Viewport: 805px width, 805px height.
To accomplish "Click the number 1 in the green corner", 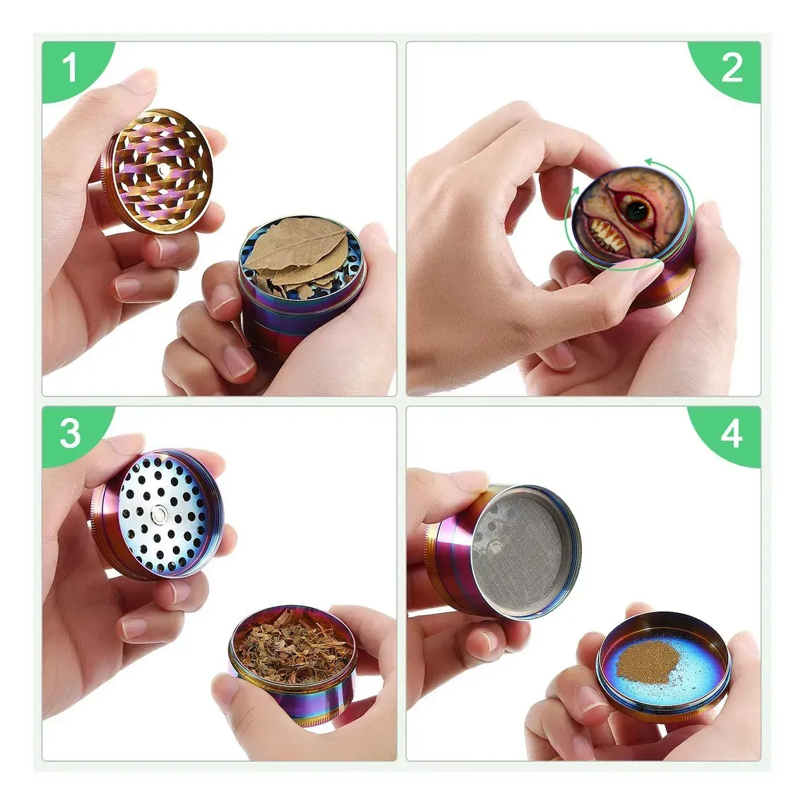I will point(68,68).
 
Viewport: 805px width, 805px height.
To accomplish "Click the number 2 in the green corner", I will point(732,68).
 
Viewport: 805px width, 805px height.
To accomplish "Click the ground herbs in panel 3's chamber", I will point(291,646).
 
